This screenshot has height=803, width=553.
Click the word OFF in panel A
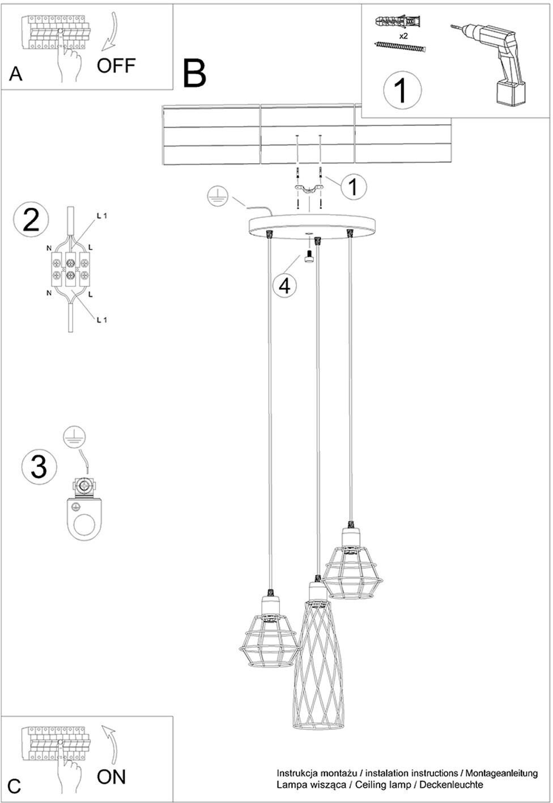point(116,66)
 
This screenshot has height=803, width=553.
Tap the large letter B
point(194,73)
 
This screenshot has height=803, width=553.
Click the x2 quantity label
point(403,36)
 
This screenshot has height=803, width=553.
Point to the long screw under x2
point(401,47)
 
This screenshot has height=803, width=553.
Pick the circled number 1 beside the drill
point(402,90)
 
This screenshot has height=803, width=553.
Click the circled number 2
point(31,221)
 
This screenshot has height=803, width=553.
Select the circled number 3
point(39,466)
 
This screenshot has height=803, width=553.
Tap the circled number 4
point(285,286)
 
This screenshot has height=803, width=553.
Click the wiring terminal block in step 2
point(71,269)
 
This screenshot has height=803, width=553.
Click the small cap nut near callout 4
point(308,257)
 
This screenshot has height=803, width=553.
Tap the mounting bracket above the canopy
point(309,189)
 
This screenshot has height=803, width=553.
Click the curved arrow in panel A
point(110,32)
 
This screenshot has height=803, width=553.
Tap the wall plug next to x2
point(397,22)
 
